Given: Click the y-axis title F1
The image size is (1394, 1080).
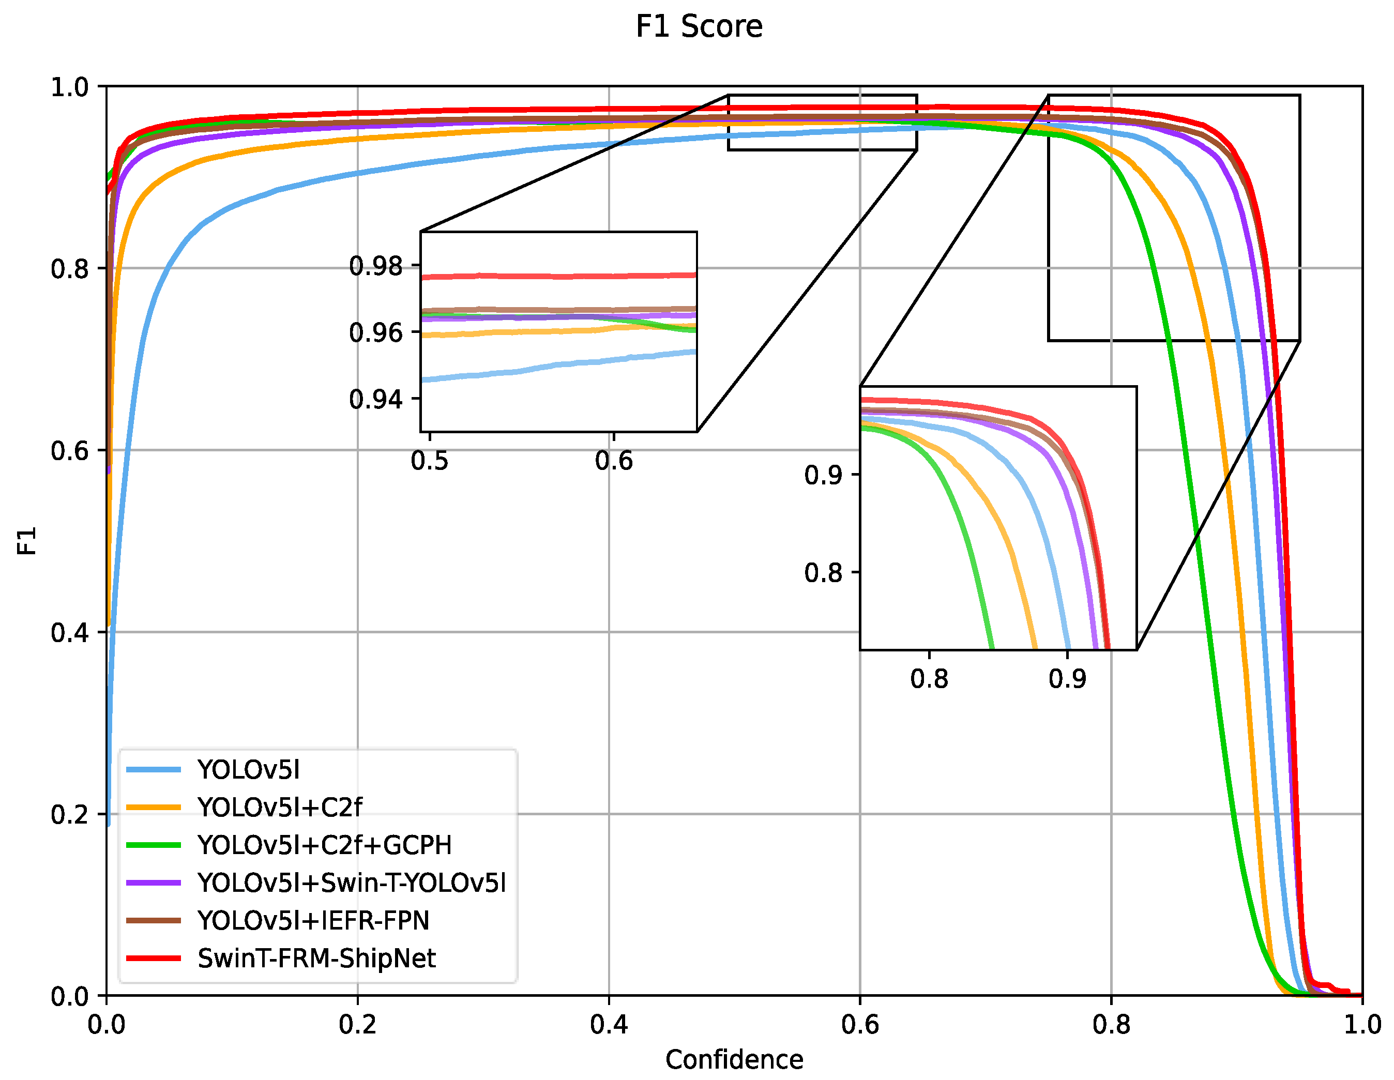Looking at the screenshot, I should pyautogui.click(x=27, y=541).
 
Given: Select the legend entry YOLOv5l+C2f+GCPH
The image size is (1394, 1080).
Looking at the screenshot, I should pyautogui.click(x=324, y=845).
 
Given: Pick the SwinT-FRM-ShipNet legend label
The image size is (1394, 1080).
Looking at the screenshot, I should pyautogui.click(x=316, y=959).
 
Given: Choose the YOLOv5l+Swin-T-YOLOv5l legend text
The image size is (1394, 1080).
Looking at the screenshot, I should pyautogui.click(x=352, y=883).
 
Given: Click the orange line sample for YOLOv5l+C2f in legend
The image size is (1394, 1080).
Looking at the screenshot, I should pyautogui.click(x=153, y=808).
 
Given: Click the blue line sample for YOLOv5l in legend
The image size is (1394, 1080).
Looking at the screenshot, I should pyautogui.click(x=153, y=770).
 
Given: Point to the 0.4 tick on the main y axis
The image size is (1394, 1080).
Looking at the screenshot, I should pyautogui.click(x=70, y=633).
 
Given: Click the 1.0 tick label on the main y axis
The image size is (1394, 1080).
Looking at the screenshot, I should pyautogui.click(x=70, y=87).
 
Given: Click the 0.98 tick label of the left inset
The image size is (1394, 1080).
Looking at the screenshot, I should pyautogui.click(x=375, y=266).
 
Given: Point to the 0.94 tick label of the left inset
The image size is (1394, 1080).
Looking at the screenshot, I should pyautogui.click(x=375, y=400).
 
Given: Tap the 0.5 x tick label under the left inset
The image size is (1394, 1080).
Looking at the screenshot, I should pyautogui.click(x=429, y=461).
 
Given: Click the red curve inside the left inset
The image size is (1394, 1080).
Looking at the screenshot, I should pyautogui.click(x=558, y=277).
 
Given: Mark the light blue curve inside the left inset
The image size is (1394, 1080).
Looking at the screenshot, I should pyautogui.click(x=558, y=365).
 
